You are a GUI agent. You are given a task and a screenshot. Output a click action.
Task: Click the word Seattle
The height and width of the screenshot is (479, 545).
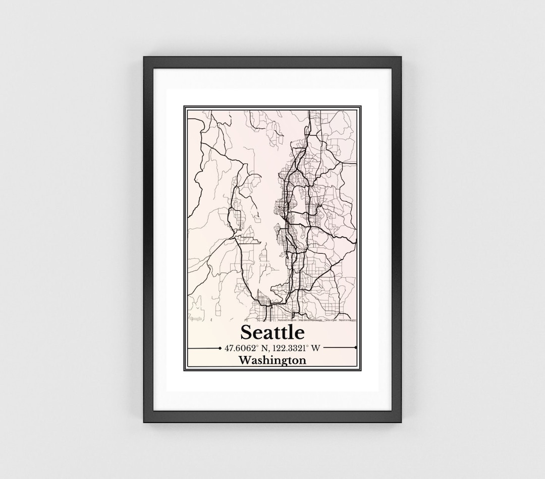click(x=272, y=332)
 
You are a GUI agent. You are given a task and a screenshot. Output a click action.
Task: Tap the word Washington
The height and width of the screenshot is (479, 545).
click(x=272, y=361)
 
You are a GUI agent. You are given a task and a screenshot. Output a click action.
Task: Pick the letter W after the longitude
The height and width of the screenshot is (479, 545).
click(x=316, y=348)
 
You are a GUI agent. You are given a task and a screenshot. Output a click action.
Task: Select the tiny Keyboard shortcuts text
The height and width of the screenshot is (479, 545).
click(x=287, y=320)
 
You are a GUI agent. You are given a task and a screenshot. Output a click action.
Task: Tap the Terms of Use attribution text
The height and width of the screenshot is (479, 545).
click(x=331, y=320)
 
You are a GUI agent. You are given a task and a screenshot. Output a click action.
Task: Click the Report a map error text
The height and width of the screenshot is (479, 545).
click(x=348, y=320)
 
